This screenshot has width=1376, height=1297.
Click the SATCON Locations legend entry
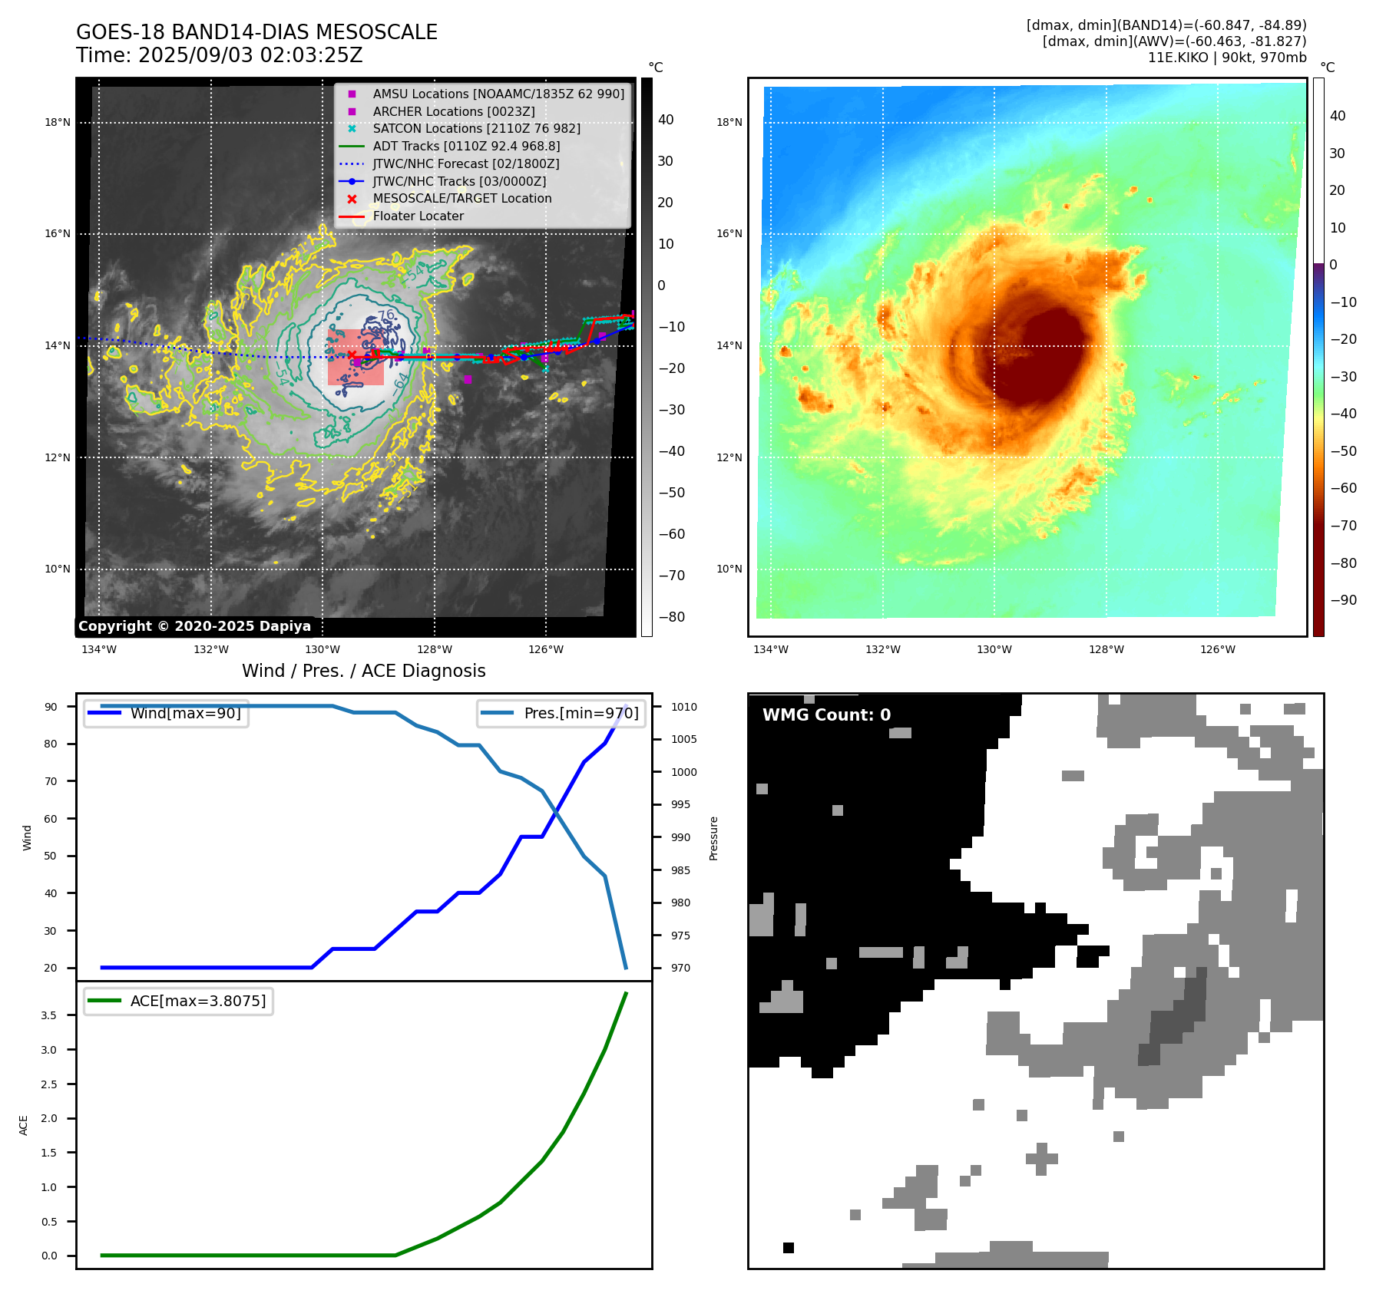476,128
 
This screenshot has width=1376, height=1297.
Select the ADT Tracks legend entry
466,146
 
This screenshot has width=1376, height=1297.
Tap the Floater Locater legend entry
418,216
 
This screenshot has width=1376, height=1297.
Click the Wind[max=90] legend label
185,713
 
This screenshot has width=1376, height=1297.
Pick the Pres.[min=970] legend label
580,713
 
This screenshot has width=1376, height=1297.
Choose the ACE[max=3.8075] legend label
198,1001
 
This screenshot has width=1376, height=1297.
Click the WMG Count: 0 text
826,715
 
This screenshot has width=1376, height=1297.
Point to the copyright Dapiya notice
194,626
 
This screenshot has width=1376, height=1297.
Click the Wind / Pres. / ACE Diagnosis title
363,671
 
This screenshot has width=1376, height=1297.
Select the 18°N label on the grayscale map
58,122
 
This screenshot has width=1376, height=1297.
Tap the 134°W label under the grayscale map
99,649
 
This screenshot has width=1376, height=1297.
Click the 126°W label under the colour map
1218,649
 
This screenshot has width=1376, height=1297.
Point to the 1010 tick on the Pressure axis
684,707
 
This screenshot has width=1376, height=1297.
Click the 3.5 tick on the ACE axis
49,1015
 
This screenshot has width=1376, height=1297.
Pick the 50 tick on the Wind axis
51,856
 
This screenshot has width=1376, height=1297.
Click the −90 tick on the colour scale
1343,600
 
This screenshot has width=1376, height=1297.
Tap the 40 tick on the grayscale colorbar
666,120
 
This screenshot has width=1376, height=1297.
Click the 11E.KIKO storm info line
1226,58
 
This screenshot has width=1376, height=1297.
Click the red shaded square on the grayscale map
356,357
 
